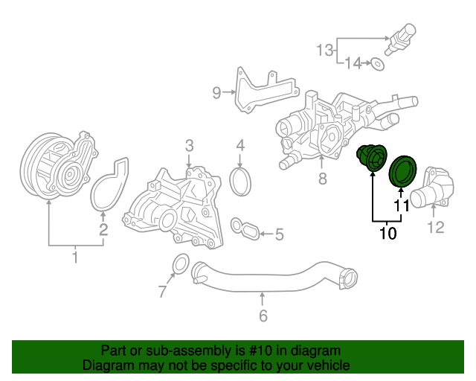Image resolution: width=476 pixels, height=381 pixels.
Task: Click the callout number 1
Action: (x=74, y=257)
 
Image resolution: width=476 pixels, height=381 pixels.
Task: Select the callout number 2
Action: (x=103, y=229)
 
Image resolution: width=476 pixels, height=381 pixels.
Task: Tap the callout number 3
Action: (x=190, y=145)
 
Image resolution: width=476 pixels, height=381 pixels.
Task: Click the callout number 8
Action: (x=322, y=179)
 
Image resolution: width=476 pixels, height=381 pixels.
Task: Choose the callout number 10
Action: (x=387, y=234)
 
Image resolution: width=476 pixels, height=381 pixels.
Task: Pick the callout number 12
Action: (x=436, y=227)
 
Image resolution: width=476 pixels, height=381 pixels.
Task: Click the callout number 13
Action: (x=325, y=51)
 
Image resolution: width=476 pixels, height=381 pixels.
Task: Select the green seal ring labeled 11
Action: (x=405, y=172)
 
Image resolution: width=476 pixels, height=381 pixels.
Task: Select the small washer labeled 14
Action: (x=378, y=64)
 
